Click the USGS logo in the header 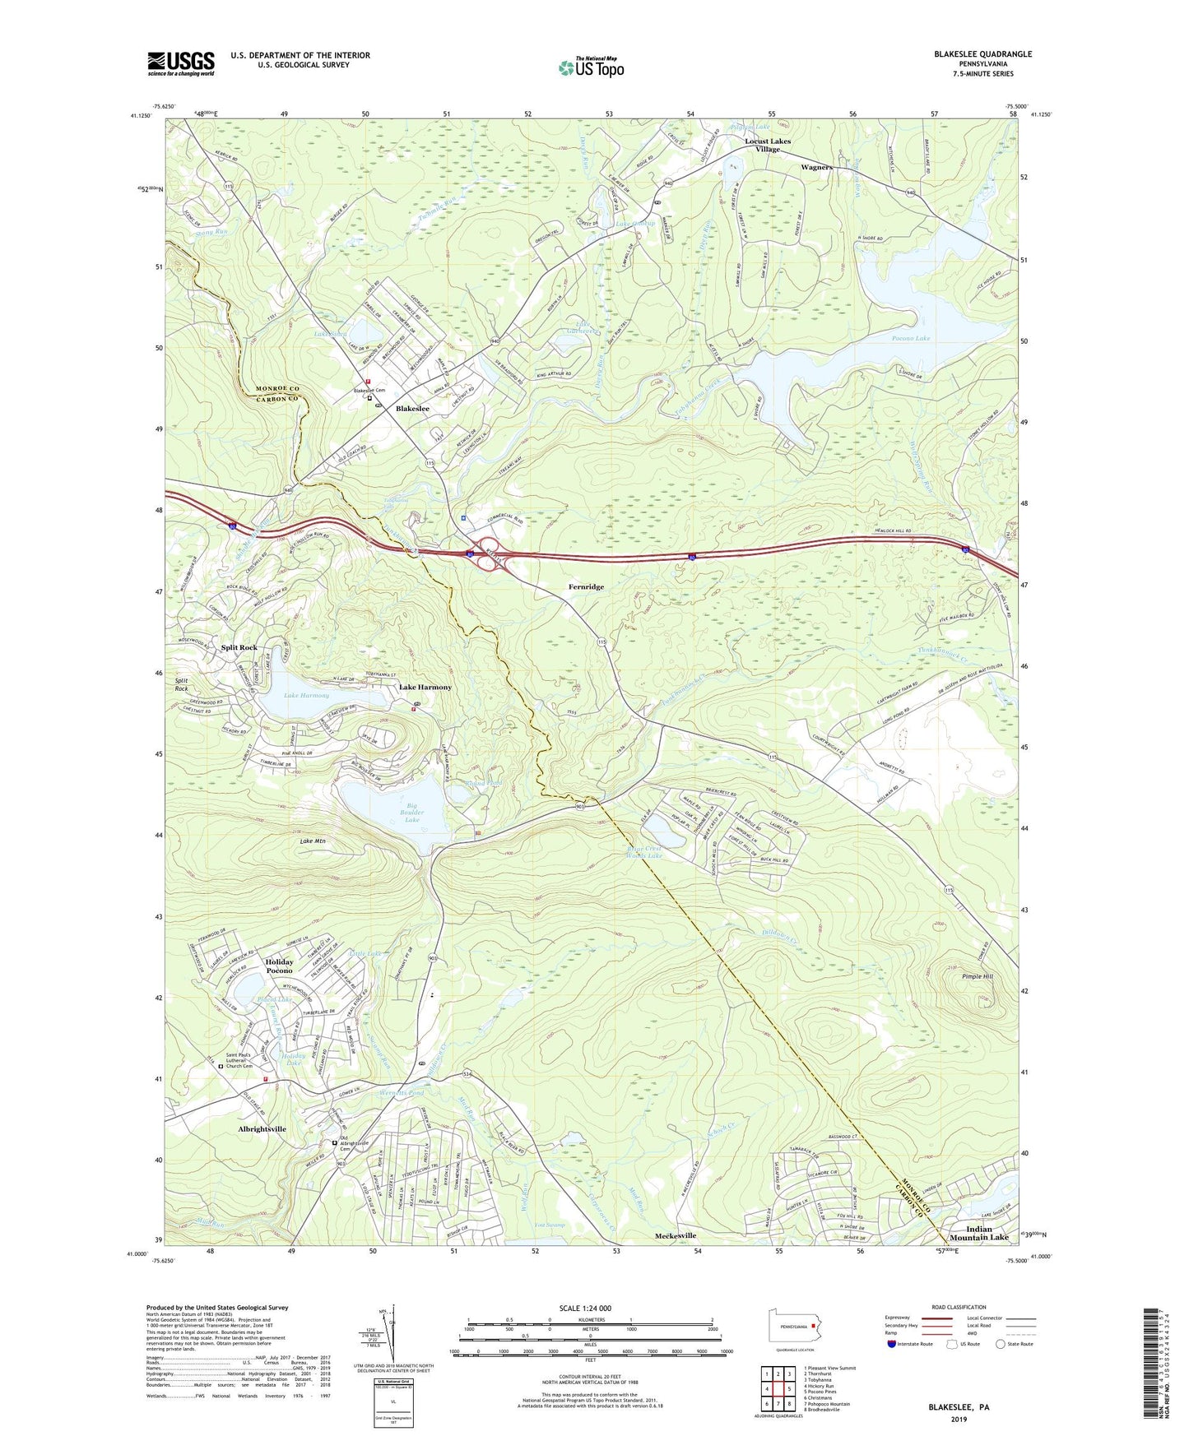click(x=181, y=63)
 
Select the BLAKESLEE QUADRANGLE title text click(x=982, y=54)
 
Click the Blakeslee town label click(x=412, y=409)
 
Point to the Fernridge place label click(x=586, y=586)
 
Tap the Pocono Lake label click(x=911, y=338)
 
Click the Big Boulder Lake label click(x=412, y=813)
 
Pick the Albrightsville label click(x=262, y=1129)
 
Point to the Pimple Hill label click(x=977, y=976)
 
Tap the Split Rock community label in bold click(x=239, y=647)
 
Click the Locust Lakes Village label click(x=768, y=145)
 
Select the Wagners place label click(x=816, y=167)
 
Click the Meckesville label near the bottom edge click(x=676, y=1235)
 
